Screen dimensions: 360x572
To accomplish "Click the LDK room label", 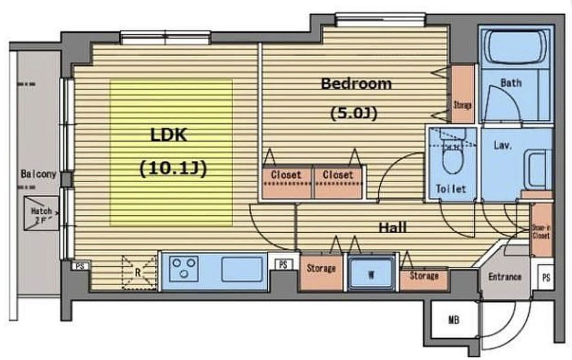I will pyautogui.click(x=169, y=136).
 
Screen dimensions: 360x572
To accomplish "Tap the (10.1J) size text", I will pyautogui.click(x=173, y=168).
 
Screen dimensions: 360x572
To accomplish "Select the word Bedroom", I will pyautogui.click(x=356, y=84).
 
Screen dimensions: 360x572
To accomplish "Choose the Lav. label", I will pyautogui.click(x=502, y=146).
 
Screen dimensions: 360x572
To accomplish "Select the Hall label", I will pyautogui.click(x=392, y=228).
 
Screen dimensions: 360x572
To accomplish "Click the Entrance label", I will pyautogui.click(x=504, y=277).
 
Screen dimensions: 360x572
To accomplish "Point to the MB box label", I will pyautogui.click(x=453, y=320).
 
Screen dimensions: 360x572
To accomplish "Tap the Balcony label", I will pyautogui.click(x=38, y=174).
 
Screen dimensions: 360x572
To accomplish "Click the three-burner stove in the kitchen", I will pyautogui.click(x=185, y=268).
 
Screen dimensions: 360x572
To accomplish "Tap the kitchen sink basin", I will pyautogui.click(x=242, y=269).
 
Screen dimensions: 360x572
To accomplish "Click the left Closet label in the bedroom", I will pyautogui.click(x=286, y=175).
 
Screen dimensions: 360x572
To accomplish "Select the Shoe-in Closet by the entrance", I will pyautogui.click(x=541, y=230).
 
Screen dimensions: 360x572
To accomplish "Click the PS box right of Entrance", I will pyautogui.click(x=546, y=278).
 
